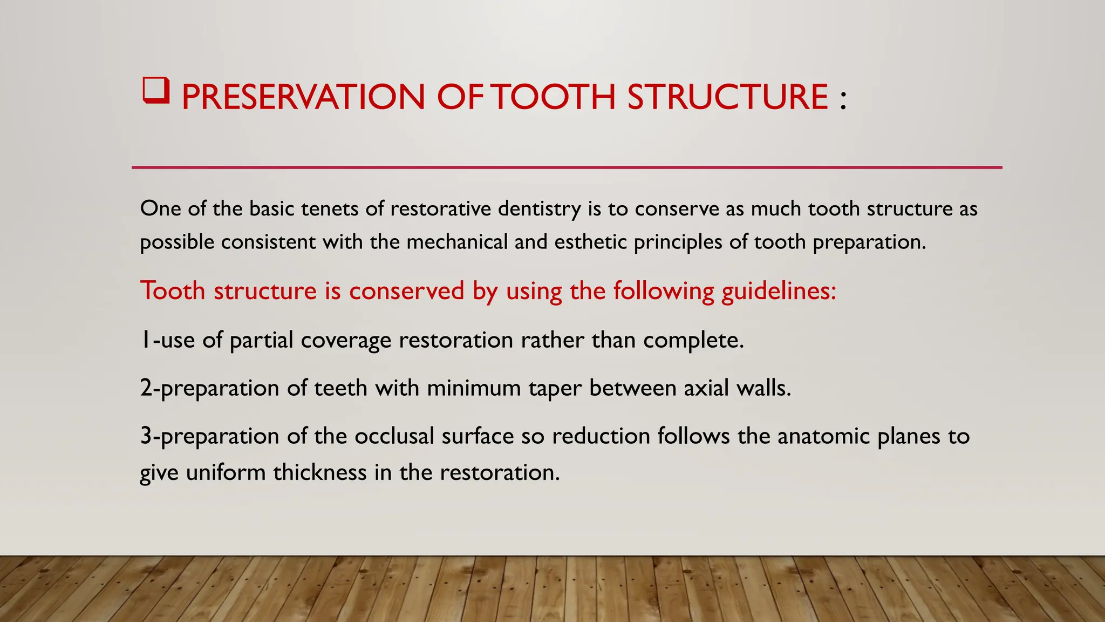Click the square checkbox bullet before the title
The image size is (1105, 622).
[x=156, y=91]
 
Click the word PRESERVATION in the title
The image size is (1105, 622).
[x=303, y=98]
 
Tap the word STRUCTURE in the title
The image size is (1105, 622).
[x=728, y=98]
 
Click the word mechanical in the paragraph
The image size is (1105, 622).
[x=457, y=242]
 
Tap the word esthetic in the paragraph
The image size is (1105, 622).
[x=590, y=242]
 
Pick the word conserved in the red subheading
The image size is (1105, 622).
[x=406, y=292]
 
